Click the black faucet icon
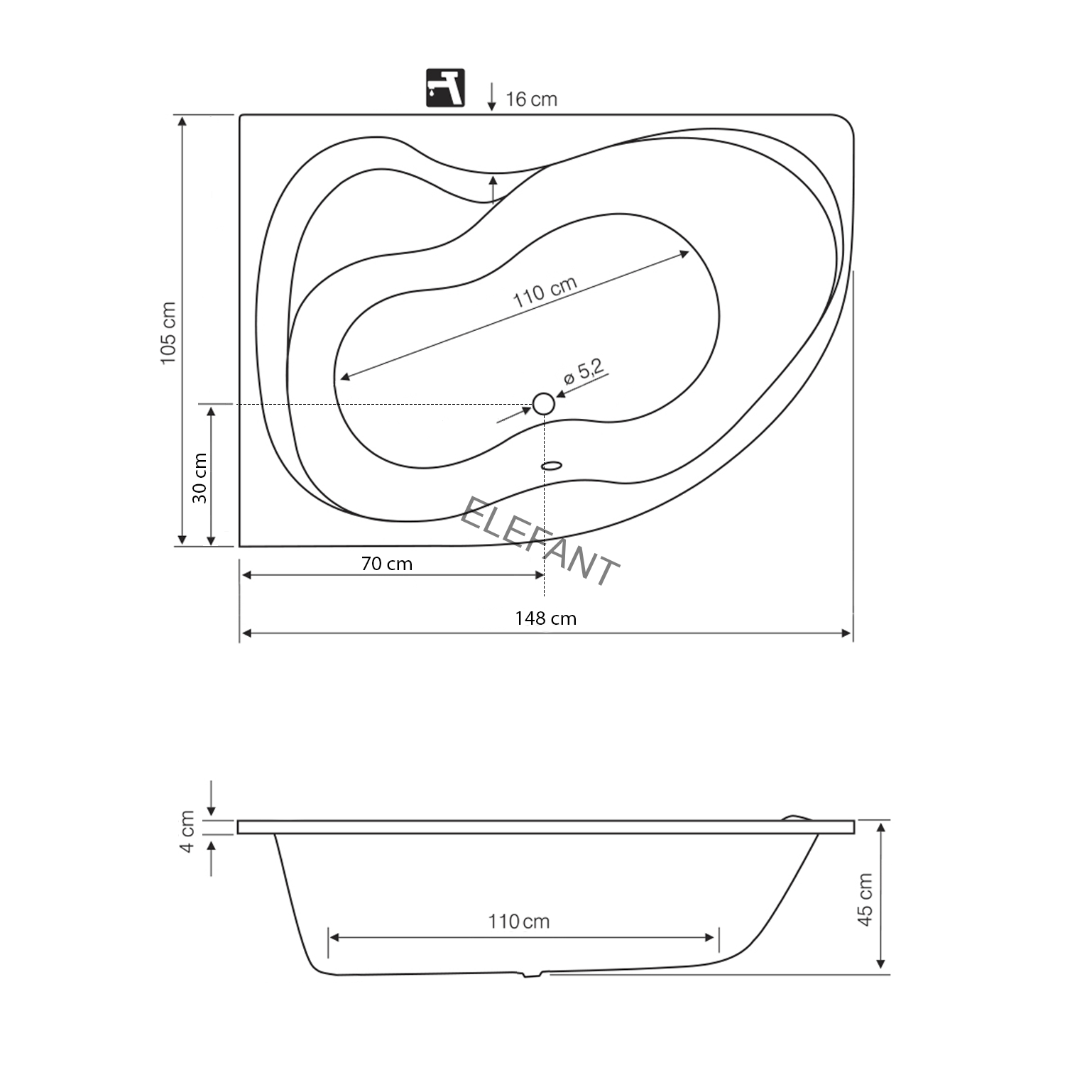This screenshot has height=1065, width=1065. click(x=445, y=88)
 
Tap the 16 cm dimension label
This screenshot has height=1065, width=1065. click(x=531, y=99)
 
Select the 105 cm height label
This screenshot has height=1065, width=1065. click(x=168, y=333)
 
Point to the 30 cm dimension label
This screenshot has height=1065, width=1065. click(x=200, y=479)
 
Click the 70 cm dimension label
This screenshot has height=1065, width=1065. click(x=386, y=564)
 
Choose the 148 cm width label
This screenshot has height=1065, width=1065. click(x=545, y=618)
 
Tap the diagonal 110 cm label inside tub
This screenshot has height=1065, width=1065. click(x=545, y=291)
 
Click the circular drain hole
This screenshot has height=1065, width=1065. click(x=543, y=404)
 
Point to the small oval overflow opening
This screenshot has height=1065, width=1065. click(x=552, y=466)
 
